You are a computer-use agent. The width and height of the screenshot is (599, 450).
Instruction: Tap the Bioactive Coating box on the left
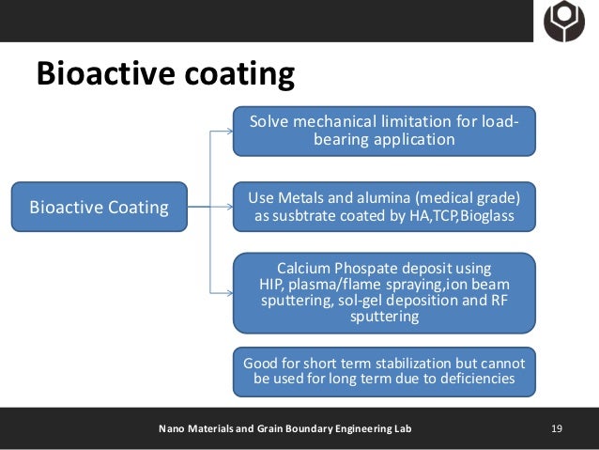[x=99, y=207]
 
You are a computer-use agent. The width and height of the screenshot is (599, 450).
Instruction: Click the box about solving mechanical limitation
[x=384, y=132]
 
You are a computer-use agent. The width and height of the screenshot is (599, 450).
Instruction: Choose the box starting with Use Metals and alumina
[x=384, y=207]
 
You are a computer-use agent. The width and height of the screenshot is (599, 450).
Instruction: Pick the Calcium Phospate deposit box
[x=384, y=292]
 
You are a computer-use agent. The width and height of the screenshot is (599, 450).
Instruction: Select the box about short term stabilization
[x=384, y=370]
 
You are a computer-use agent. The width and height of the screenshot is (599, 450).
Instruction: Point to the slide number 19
[x=557, y=429]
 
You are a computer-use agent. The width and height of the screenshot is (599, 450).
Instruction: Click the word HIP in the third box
[x=271, y=285]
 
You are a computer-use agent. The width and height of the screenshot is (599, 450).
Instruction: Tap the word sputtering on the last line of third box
[x=384, y=318]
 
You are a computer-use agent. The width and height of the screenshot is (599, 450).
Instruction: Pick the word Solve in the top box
[x=269, y=122]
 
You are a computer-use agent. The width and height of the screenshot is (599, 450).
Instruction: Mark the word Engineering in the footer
[x=354, y=429]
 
